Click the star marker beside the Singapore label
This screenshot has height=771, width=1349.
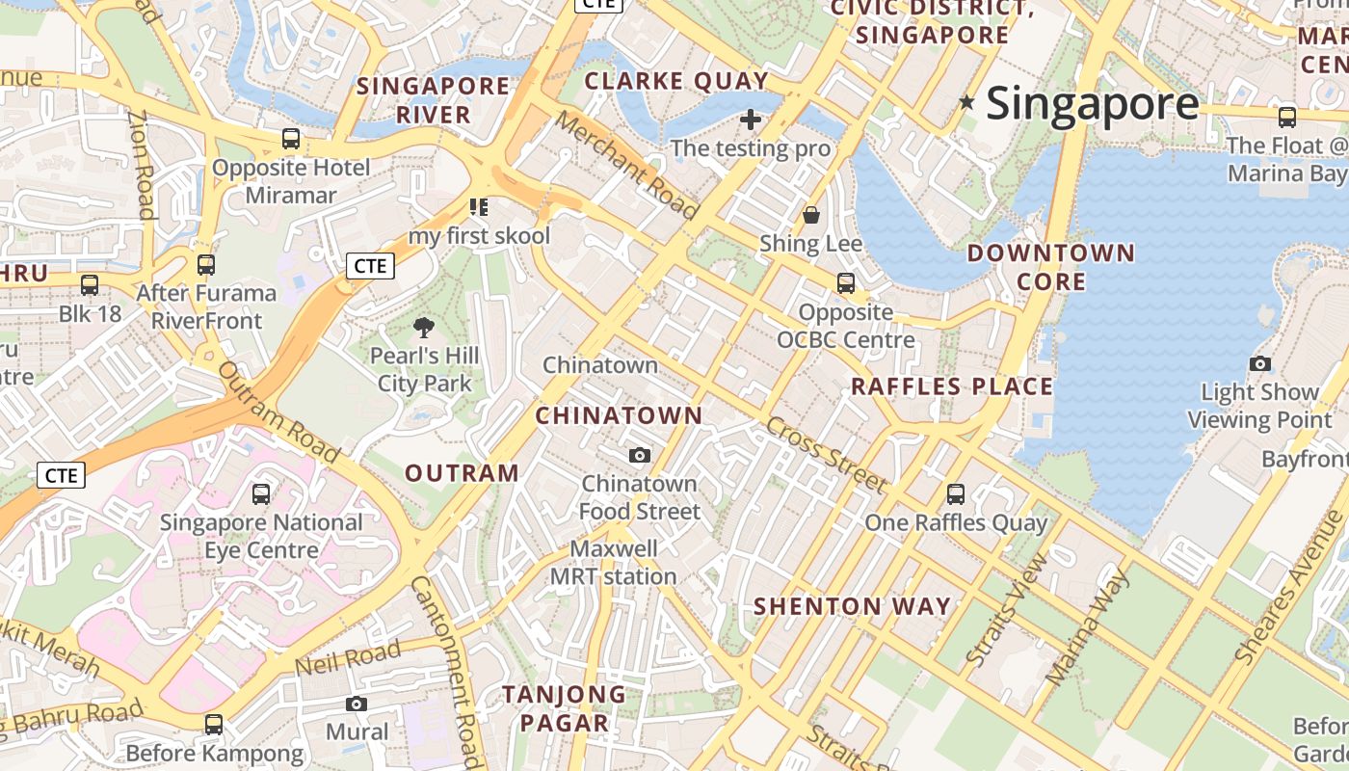(x=967, y=102)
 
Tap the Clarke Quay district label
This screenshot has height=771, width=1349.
(x=676, y=81)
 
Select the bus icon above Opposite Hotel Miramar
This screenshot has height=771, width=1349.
(x=291, y=139)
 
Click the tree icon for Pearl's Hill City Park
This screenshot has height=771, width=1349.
(x=424, y=328)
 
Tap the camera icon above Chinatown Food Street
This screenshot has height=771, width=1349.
(x=640, y=455)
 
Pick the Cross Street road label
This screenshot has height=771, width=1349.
(x=826, y=455)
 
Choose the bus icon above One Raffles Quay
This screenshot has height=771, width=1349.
(x=956, y=494)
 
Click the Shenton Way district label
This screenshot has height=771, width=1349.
(x=852, y=606)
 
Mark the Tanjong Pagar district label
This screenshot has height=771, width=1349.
(x=564, y=708)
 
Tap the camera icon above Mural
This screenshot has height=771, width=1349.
(x=357, y=704)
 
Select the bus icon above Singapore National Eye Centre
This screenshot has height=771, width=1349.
(x=261, y=494)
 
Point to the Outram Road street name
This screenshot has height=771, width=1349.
(x=278, y=412)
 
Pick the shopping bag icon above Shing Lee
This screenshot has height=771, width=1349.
(x=811, y=214)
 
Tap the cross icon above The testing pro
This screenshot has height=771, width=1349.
(x=751, y=120)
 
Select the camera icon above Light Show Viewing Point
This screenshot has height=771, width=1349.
(x=1259, y=363)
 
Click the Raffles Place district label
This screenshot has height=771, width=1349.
(x=952, y=386)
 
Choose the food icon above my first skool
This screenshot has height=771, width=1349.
(x=479, y=206)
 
